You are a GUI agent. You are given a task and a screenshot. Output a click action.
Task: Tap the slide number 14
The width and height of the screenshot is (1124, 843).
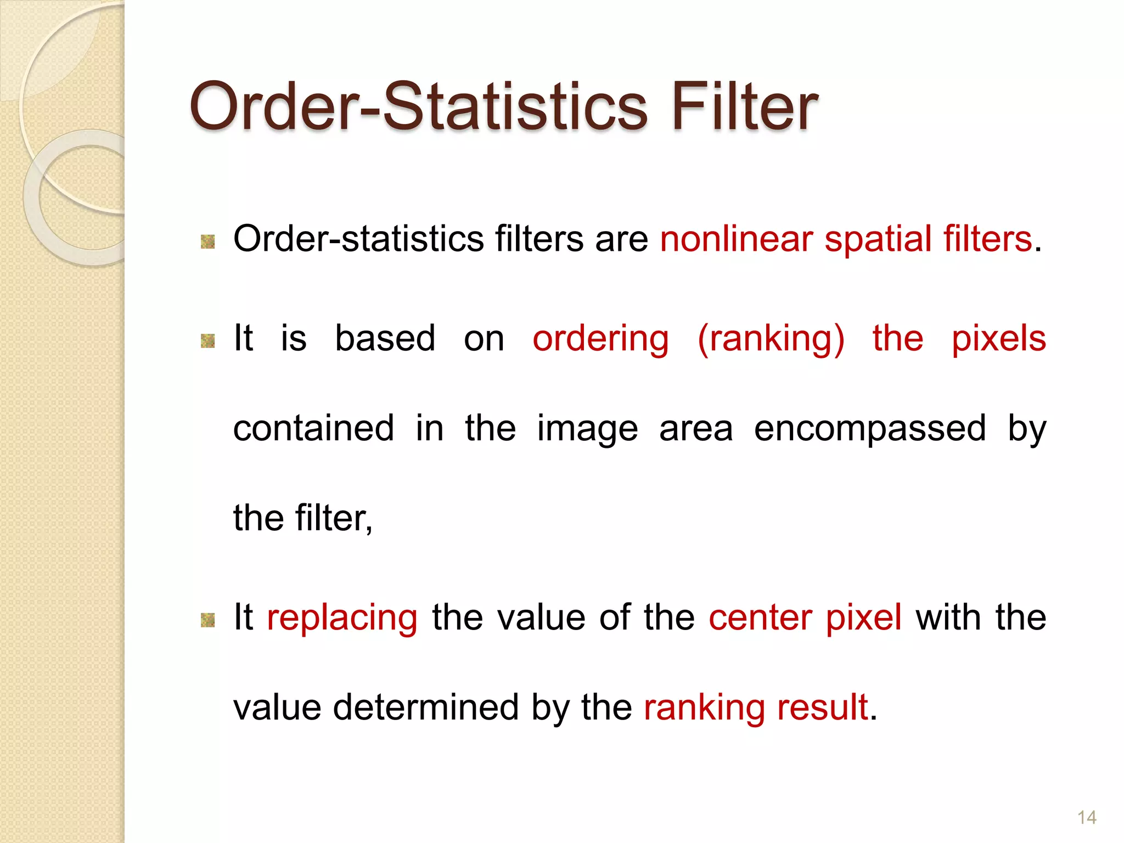point(1087,817)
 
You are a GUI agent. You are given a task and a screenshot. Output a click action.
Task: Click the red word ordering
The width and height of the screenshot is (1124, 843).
point(600,339)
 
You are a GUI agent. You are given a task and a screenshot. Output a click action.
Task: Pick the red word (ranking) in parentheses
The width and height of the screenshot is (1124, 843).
point(771,339)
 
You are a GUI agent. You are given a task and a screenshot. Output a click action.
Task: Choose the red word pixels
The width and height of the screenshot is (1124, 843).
point(998,338)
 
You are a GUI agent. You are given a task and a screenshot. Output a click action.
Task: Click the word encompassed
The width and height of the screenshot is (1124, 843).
point(870,429)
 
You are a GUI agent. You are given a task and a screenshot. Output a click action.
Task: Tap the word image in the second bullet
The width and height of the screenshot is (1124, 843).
point(587,429)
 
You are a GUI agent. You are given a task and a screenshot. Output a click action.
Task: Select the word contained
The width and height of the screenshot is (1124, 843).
point(313,428)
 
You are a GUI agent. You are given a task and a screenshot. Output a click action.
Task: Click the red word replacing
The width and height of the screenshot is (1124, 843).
point(342,618)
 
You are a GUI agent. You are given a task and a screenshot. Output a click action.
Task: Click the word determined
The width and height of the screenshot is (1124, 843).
point(425,707)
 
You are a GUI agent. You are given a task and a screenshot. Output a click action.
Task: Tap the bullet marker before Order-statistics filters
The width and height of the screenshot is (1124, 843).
point(207,241)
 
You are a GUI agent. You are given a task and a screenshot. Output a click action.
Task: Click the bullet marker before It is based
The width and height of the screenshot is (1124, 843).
point(207,341)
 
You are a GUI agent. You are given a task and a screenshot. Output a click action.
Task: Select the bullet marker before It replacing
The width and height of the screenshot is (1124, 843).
point(207,620)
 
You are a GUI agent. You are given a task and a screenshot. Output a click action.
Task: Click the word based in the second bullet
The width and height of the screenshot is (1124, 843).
point(385,338)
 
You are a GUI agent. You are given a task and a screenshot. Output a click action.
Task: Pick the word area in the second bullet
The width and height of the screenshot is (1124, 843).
point(695,429)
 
